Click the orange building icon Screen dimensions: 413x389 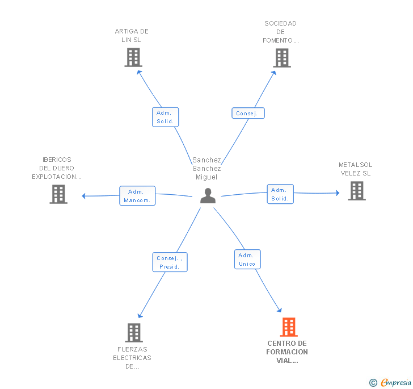click(x=289, y=327)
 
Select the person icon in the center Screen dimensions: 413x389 click(x=208, y=195)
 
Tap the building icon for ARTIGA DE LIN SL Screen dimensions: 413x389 click(x=133, y=57)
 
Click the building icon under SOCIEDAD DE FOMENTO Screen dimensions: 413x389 click(x=282, y=58)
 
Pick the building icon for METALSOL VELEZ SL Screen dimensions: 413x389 click(x=357, y=191)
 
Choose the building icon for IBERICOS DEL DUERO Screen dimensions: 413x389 click(x=58, y=194)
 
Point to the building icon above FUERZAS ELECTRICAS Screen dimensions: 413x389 click(x=134, y=333)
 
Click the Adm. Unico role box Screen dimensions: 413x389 click(x=247, y=260)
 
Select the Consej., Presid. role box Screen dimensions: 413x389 click(x=170, y=262)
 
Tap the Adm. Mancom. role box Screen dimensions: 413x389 click(x=137, y=196)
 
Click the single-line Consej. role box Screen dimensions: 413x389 click(x=248, y=113)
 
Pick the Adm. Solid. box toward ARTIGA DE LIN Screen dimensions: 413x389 click(x=166, y=117)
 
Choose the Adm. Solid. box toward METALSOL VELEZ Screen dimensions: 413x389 click(x=280, y=194)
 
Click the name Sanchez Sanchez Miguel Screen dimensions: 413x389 click(x=206, y=169)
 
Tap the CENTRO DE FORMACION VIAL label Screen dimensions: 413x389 click(x=287, y=352)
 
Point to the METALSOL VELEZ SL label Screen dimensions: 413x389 click(x=355, y=169)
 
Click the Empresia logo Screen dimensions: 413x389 click(x=390, y=382)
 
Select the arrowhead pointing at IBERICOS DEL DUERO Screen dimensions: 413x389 click(x=83, y=196)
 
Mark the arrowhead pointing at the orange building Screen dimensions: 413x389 click(x=280, y=310)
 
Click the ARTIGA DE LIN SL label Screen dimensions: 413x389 click(x=132, y=36)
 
